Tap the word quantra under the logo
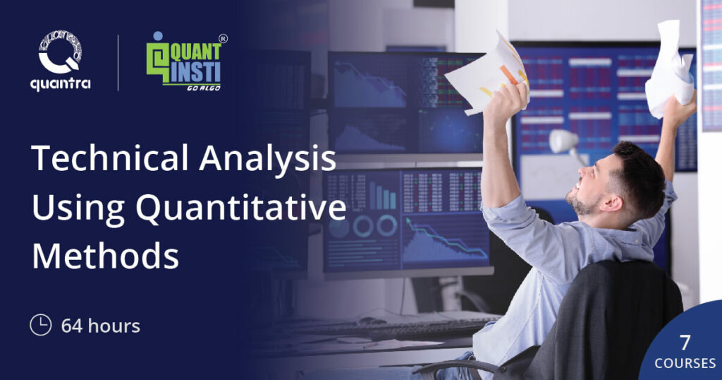pos(61,84)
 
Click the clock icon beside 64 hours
pos(40,326)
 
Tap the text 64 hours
pos(100,326)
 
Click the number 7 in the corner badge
pos(684,343)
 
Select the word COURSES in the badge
pos(683,364)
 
